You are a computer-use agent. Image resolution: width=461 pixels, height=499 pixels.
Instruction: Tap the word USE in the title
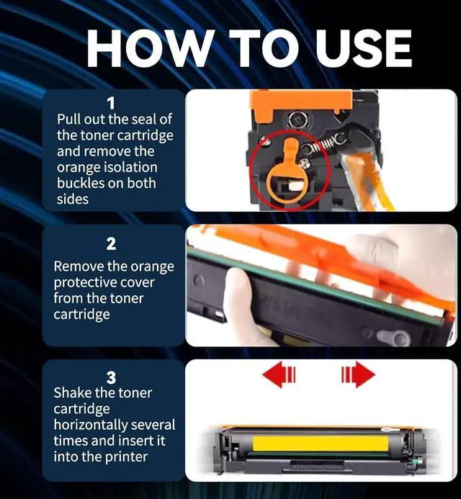[x=364, y=48]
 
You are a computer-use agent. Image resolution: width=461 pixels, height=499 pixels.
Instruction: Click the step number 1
[x=111, y=104]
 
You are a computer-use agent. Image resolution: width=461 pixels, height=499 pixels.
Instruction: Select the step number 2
[x=111, y=244]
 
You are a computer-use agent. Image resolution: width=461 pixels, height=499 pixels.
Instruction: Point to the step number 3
[x=111, y=378]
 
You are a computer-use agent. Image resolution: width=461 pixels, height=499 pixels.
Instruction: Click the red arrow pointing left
[x=279, y=374]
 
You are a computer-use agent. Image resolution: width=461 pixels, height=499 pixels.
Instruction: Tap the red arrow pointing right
[x=359, y=374]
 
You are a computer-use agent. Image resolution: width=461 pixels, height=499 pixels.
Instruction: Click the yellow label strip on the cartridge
[x=321, y=444]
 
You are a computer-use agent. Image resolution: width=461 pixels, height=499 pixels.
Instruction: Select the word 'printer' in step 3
[x=126, y=457]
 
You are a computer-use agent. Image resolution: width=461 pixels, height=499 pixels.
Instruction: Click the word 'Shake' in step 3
[x=73, y=393]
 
